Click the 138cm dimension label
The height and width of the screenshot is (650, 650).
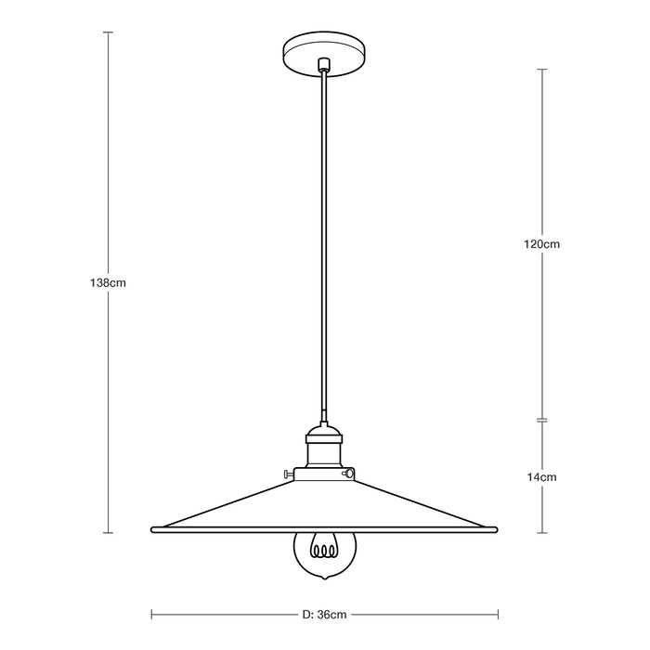(x=109, y=281)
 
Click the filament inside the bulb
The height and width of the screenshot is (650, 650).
(x=324, y=550)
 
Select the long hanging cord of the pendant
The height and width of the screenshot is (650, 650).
(x=324, y=241)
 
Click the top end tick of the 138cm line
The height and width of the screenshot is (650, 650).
(x=109, y=32)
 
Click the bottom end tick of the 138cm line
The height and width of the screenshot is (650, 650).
(x=109, y=533)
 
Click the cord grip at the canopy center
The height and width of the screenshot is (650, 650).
(x=324, y=65)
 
